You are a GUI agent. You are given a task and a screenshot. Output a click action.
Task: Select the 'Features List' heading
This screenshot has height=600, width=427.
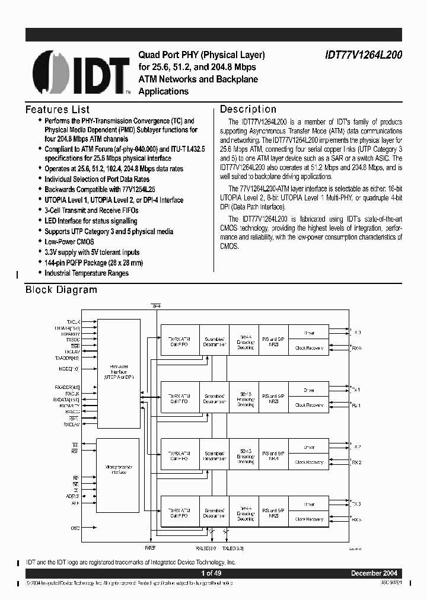coord(58,110)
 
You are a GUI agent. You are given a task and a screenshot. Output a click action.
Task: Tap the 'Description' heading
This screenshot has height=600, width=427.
coord(248,110)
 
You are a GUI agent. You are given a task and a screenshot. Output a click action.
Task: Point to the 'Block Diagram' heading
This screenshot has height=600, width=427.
coord(61,290)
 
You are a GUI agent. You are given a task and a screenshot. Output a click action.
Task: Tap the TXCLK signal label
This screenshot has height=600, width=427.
coord(74,321)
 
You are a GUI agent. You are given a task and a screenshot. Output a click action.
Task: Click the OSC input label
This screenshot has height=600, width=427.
coord(75,528)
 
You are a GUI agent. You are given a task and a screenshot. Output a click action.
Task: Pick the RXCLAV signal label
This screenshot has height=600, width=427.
coord(72,425)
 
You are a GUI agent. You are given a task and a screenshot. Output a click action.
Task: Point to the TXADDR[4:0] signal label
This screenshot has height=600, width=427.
coord(68,358)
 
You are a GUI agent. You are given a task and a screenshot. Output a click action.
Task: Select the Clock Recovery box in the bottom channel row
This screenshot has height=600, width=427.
coord(309,519)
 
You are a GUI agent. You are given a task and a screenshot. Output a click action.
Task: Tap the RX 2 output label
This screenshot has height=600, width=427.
coord(356,462)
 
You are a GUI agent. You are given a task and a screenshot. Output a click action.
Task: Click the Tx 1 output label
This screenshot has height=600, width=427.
coord(356,390)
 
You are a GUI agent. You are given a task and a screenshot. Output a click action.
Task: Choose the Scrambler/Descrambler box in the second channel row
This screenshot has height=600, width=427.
coord(213,398)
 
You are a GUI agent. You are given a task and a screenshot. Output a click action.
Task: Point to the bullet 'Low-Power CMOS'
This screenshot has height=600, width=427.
coord(69,242)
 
